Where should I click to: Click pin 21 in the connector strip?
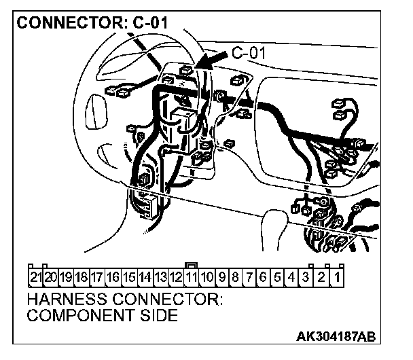[x=36, y=276]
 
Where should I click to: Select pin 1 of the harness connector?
[x=337, y=276]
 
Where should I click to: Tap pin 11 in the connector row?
[x=192, y=276]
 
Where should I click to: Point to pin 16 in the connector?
[x=113, y=276]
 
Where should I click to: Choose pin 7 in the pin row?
[x=250, y=276]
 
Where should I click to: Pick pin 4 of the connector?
[x=291, y=276]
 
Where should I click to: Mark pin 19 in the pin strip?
[x=67, y=276]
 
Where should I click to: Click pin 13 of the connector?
[x=161, y=276]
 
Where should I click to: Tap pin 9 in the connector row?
[x=223, y=276]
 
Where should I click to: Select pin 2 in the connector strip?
[x=321, y=276]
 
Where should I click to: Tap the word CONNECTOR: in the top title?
[x=69, y=22]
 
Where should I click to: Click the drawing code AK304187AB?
[x=337, y=338]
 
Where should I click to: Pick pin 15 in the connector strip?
[x=129, y=276]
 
